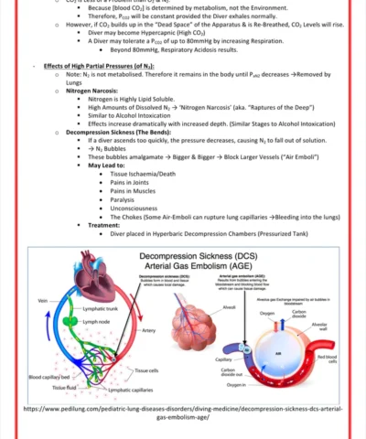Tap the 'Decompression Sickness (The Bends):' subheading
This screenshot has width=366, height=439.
point(119,132)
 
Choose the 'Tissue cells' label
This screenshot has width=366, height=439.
point(147,369)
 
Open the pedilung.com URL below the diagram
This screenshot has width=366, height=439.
point(183,414)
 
